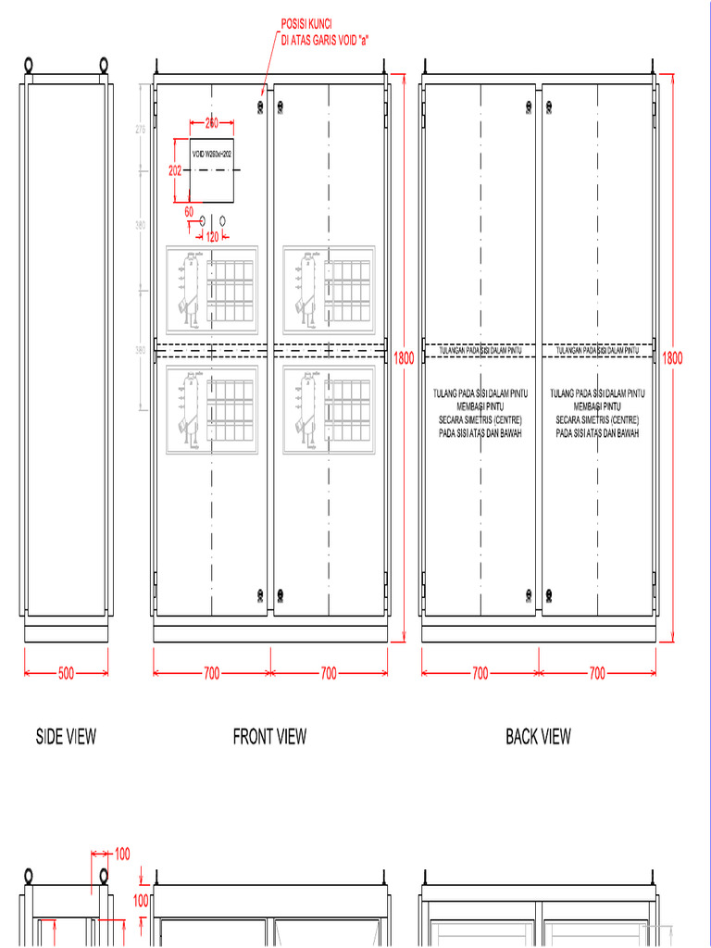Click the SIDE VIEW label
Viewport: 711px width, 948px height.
66,737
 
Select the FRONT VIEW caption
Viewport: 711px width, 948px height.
269,737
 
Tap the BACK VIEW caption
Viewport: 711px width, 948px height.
538,737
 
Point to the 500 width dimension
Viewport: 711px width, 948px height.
66,674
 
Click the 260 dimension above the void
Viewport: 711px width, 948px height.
211,123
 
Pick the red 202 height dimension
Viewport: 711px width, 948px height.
175,170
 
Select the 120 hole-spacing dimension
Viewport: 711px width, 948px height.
212,237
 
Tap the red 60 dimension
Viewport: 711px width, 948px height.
189,212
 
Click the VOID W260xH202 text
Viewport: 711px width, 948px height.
211,154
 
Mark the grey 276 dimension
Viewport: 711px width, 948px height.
141,131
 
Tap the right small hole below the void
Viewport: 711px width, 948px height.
223,220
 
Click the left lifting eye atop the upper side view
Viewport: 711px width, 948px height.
29,66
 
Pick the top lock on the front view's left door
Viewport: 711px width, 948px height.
258,106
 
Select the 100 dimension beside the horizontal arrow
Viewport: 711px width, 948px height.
121,854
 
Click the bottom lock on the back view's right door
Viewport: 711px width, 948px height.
549,593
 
